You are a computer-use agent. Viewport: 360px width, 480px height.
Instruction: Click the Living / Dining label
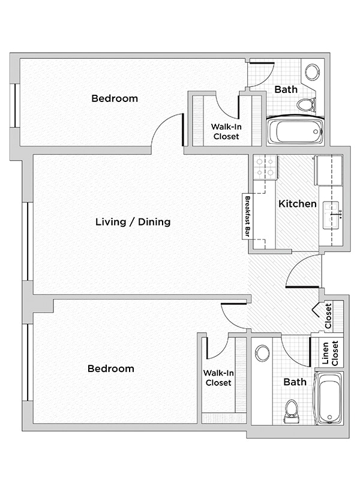coord(133,222)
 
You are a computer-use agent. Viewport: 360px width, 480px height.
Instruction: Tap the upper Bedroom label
coord(114,98)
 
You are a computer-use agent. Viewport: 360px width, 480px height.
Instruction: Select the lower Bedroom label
coord(110,368)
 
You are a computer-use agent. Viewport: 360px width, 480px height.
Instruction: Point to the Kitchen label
coord(297,204)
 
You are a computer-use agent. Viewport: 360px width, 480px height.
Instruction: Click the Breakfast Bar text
coord(246,217)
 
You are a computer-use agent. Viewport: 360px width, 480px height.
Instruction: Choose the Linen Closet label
coord(331,353)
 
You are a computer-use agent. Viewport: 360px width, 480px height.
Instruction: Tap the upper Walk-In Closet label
coord(226,131)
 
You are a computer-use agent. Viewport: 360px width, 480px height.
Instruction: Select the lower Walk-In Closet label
coord(218,378)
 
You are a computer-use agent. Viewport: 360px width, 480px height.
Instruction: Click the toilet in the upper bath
coord(306,105)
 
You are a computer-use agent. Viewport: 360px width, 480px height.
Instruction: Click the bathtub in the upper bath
coord(295,131)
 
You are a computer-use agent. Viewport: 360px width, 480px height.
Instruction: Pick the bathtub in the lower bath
coord(329,398)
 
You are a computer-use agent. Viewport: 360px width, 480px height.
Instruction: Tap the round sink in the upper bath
coord(312,72)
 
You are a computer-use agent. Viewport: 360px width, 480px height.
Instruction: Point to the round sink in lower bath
coord(262,353)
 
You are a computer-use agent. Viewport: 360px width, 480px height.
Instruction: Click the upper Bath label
coord(286,89)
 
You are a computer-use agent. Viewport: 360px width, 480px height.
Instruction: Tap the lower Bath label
coord(295,382)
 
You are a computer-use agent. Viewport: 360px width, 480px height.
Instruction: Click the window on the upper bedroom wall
coord(17,105)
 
